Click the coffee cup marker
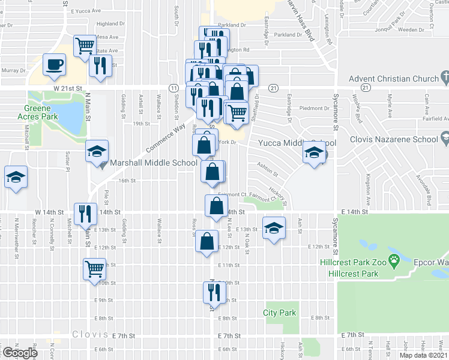click(x=55, y=65)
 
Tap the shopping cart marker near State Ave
click(x=85, y=46)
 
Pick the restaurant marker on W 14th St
click(x=85, y=213)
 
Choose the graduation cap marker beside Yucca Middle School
click(x=314, y=153)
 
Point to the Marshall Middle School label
click(x=154, y=163)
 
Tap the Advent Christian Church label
click(x=393, y=79)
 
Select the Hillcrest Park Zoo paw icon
click(x=394, y=260)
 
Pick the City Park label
click(x=280, y=313)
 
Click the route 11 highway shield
click(x=173, y=88)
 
